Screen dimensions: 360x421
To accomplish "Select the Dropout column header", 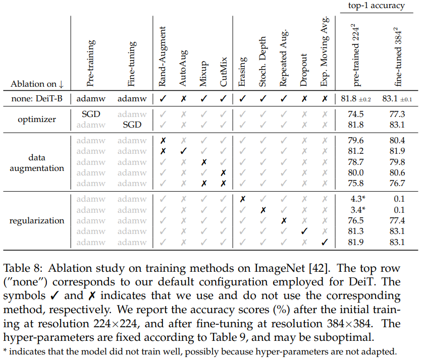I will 303,70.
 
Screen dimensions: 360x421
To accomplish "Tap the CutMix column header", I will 224,71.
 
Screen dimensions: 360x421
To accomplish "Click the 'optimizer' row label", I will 36,119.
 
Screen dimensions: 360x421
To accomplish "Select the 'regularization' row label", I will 36,220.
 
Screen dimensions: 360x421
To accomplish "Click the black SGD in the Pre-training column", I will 91,114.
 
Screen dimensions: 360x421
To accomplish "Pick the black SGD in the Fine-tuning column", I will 132,125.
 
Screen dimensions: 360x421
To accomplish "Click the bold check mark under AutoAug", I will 183,151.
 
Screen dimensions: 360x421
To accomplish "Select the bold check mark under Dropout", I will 303,231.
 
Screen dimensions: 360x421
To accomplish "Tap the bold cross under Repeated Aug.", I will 284,220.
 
